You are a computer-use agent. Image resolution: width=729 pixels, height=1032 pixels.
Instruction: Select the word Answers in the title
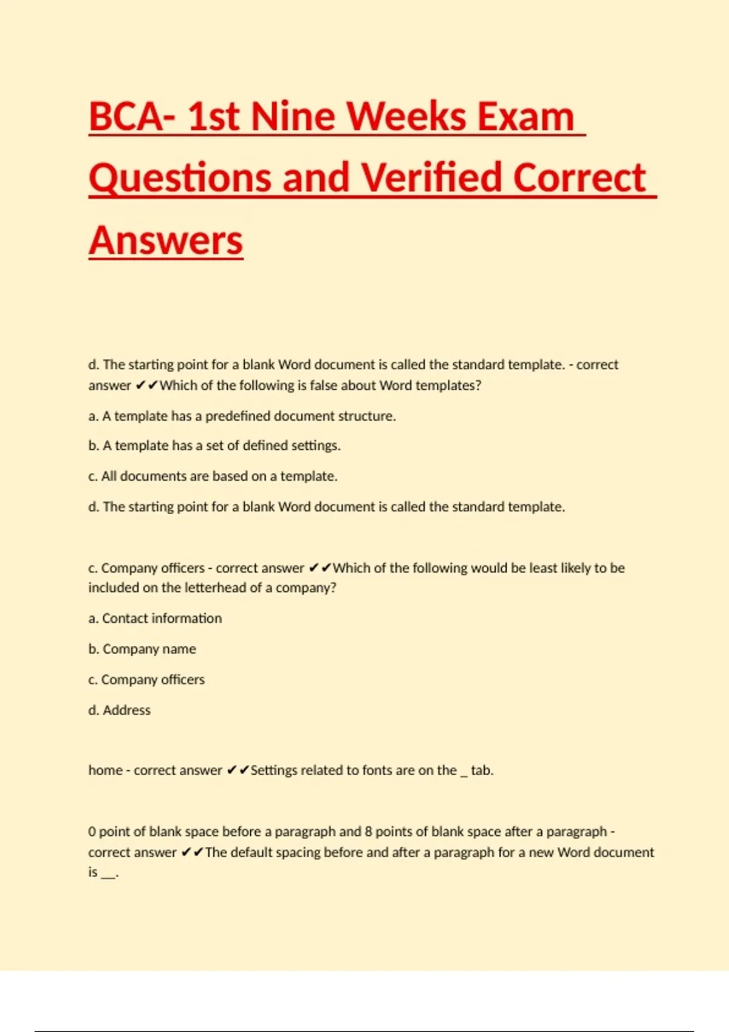pos(166,240)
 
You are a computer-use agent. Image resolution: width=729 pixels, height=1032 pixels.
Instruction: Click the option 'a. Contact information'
pos(155,618)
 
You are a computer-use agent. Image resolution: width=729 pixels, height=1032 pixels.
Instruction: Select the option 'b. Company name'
pos(142,649)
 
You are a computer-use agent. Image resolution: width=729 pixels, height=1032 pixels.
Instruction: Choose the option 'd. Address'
pos(119,710)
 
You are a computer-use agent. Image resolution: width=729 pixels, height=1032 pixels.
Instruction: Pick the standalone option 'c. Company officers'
pos(146,679)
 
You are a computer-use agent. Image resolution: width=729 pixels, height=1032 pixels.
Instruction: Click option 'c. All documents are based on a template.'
pos(213,476)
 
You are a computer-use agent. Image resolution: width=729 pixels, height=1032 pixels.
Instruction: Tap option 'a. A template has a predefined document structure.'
pos(242,416)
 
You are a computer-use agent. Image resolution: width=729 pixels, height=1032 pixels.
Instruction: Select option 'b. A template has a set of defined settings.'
pos(214,446)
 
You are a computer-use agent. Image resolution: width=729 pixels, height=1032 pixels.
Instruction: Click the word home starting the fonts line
pos(105,770)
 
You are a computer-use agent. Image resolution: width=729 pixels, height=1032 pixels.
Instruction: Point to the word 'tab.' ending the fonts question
pos(482,770)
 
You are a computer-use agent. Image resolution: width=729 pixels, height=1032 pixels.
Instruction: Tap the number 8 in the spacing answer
pos(368,832)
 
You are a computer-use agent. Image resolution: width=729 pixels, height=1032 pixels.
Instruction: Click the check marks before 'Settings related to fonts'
pos(238,770)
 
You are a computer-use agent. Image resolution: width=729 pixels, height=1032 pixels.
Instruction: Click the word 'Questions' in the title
pos(180,178)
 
